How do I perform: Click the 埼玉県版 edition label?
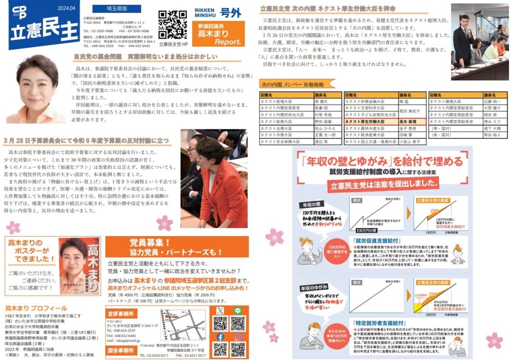[x=109, y=9]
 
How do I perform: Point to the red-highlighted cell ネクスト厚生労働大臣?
[x=370, y=121]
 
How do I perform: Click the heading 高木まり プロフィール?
[x=36, y=308]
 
